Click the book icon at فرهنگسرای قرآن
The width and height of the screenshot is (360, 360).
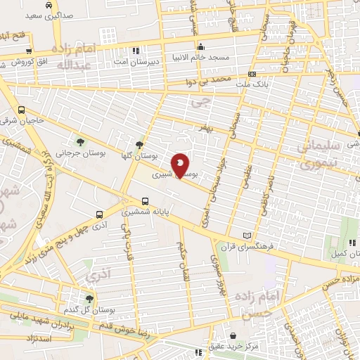245,236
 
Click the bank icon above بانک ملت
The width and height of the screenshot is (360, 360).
252,74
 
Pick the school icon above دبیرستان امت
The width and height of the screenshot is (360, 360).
136,51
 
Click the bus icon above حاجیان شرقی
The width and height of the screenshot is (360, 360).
22,110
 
